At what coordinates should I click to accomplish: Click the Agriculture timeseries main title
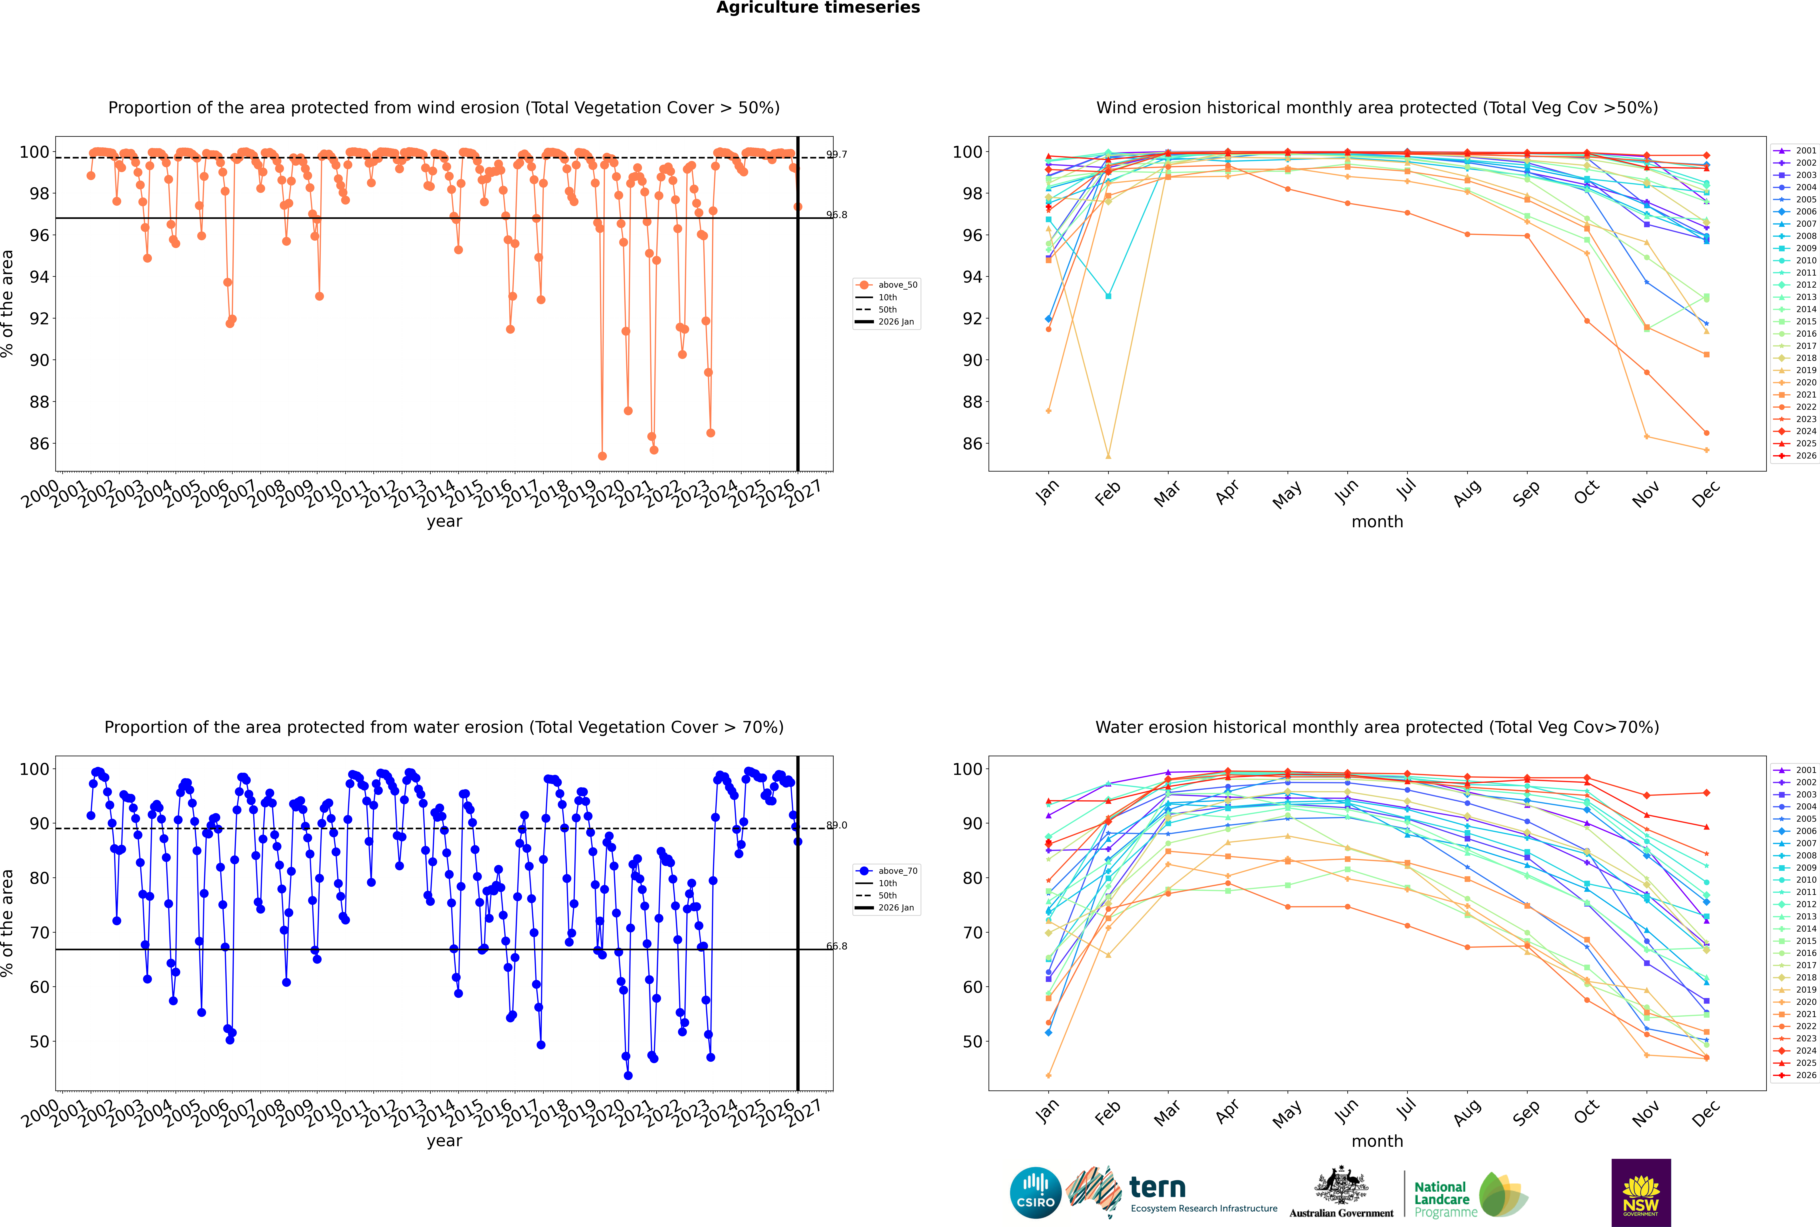click(818, 8)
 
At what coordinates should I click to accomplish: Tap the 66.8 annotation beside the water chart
click(837, 946)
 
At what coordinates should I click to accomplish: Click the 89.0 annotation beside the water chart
click(837, 826)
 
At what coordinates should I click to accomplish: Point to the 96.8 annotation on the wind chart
click(837, 215)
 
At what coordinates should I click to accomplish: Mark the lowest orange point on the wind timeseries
click(602, 456)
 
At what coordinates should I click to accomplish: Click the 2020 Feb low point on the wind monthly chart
click(1108, 456)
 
